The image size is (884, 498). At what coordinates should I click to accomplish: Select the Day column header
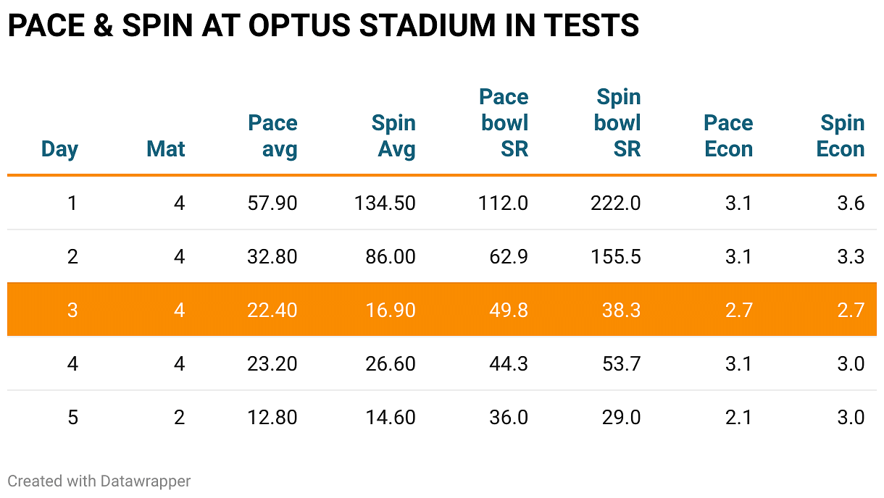(59, 149)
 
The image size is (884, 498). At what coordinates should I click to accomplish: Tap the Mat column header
(166, 149)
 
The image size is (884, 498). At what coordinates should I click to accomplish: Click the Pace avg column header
(273, 136)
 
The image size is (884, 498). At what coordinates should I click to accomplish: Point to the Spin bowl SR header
(617, 123)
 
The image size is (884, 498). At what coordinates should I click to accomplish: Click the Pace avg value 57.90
(272, 203)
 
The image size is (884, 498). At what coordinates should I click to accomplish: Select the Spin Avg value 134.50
(385, 203)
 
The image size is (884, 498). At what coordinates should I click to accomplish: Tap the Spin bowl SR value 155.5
(615, 257)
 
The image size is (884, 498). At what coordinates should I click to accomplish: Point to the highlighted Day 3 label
(72, 310)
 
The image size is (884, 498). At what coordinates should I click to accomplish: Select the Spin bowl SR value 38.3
(622, 310)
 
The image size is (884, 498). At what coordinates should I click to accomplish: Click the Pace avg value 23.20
(272, 363)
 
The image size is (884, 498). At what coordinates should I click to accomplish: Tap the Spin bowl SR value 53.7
(622, 363)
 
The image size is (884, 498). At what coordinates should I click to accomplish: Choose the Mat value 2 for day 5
(179, 417)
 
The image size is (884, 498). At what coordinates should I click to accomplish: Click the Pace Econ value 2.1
(738, 417)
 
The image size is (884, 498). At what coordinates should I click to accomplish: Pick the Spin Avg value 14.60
(391, 417)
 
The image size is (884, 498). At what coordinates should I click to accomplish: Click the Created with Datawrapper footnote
(99, 481)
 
